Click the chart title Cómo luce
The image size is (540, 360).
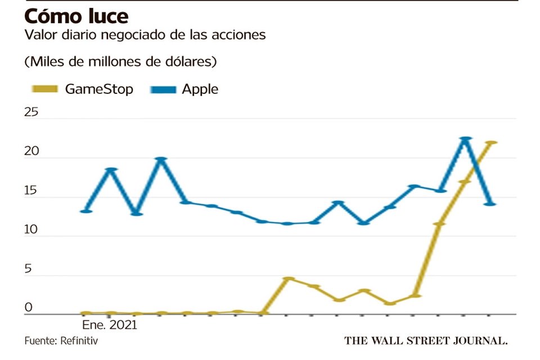point(76,15)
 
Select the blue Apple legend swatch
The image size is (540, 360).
point(163,89)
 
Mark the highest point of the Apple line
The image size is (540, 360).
point(465,138)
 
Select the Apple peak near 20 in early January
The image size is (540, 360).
point(161,159)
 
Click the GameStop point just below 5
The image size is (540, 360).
point(288,278)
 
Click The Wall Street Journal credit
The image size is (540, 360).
point(426,340)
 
